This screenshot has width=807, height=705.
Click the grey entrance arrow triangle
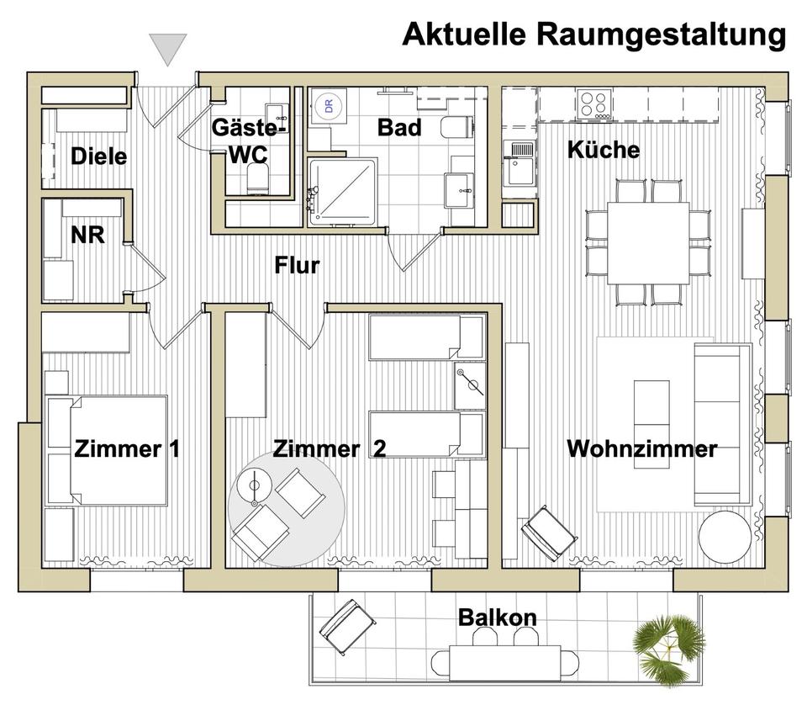point(168,50)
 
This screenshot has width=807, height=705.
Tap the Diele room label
point(99,156)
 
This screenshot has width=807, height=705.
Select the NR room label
point(87,235)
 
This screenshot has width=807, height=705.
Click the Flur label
point(298,266)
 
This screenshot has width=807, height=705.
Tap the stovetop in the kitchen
point(595,103)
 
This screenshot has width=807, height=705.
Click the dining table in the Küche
point(647,242)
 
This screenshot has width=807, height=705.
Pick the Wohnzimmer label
point(641,448)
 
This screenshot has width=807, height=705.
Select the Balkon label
point(497,618)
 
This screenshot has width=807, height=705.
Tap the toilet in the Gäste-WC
point(256,178)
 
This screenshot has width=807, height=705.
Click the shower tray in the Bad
point(341,191)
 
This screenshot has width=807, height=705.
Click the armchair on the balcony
point(347,627)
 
